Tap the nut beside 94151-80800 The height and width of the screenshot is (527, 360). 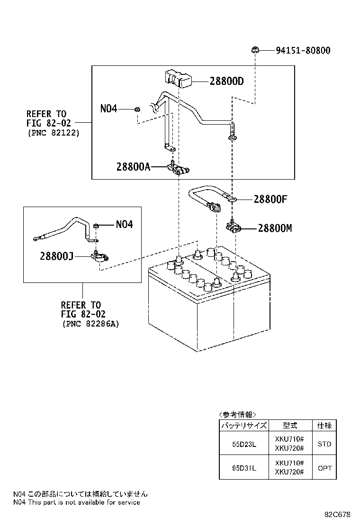tap(254, 49)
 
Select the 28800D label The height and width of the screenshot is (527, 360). tap(226, 81)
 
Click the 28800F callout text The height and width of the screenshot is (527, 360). tap(270, 199)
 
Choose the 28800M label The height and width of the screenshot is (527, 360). tap(275, 228)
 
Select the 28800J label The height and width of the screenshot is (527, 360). tap(56, 256)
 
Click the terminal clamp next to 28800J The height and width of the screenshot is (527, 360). tap(99, 256)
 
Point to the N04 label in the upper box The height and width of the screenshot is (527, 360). tap(108, 109)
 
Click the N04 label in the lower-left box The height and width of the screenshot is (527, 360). tap(124, 224)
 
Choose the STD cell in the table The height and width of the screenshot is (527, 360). tap(324, 444)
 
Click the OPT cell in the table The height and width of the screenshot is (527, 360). tap(324, 468)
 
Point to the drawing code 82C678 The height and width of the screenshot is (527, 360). tap(337, 514)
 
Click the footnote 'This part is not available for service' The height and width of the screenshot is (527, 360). tap(83, 502)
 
